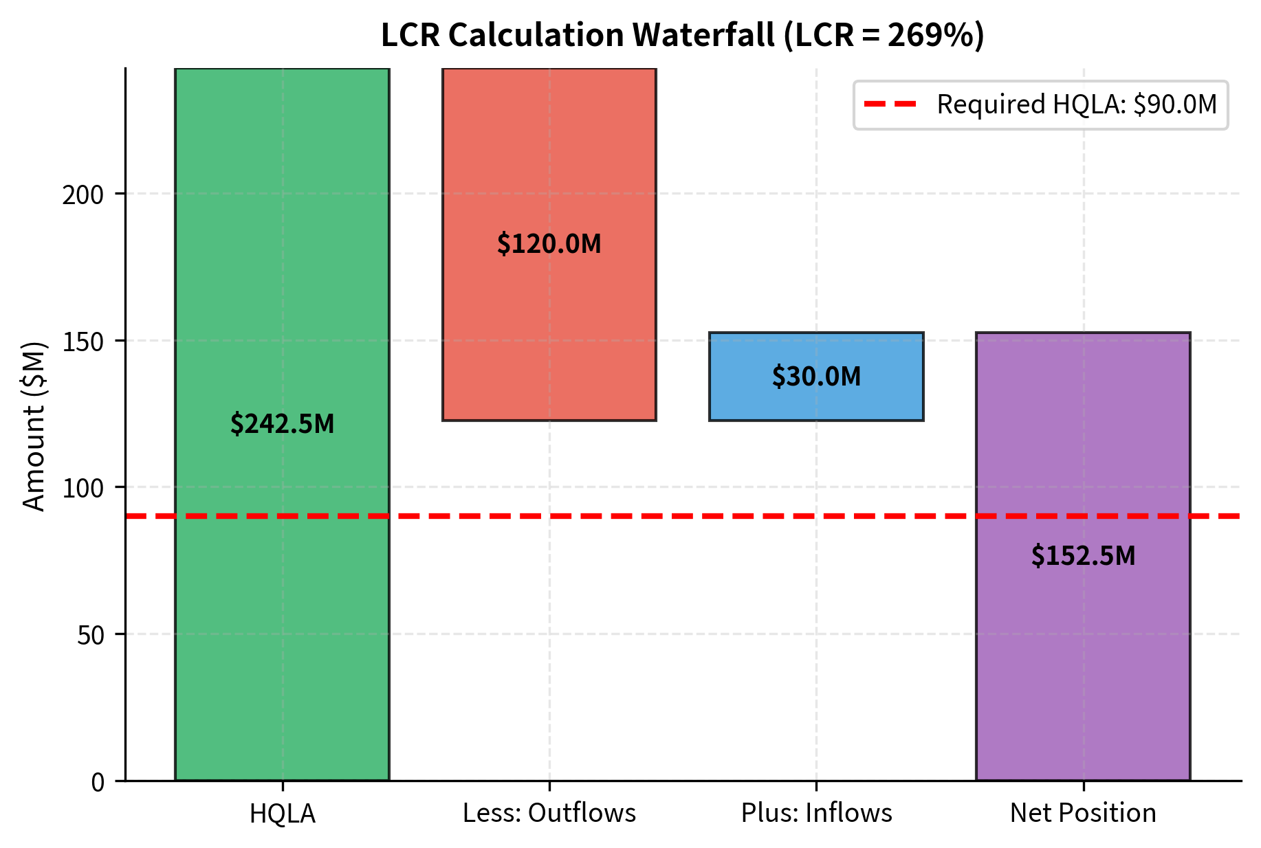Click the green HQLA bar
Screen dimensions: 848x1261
282,275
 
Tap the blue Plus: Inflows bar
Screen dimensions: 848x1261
816,399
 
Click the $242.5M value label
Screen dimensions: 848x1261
282,424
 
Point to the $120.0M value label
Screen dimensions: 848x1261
549,244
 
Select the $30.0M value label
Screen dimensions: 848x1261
816,377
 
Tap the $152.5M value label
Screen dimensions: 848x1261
1083,556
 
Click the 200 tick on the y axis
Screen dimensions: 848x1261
83,195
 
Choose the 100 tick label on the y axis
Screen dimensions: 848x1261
83,489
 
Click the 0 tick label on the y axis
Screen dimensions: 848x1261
98,782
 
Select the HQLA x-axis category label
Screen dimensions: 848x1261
282,814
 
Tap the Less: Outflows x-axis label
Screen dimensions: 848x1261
549,813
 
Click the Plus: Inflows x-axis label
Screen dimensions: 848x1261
816,813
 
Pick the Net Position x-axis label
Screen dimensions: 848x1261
1083,813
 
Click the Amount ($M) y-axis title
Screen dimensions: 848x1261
33,426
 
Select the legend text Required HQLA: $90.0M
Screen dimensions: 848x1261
1076,104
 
